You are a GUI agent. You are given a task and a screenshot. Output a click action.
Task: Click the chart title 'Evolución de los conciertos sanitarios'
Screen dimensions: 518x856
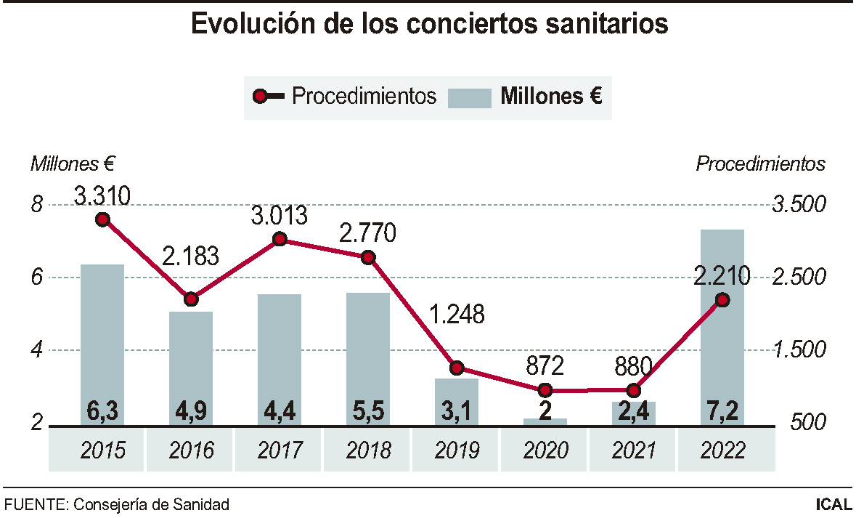428,23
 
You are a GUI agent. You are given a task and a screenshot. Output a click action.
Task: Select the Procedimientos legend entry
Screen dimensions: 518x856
345,96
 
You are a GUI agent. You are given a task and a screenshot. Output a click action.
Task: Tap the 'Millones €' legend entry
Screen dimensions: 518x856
525,97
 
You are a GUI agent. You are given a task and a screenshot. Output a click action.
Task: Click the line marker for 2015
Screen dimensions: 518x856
102,219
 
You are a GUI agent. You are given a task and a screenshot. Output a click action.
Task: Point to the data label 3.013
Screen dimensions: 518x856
279,216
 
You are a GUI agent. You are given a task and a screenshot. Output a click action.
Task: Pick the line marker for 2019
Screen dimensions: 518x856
457,368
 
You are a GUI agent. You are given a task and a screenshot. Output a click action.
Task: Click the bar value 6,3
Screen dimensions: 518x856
102,412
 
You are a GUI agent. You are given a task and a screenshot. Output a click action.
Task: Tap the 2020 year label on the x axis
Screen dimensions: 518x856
545,450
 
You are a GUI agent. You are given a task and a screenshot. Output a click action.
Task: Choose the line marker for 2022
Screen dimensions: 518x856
722,299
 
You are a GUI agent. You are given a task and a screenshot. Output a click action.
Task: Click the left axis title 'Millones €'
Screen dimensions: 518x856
73,163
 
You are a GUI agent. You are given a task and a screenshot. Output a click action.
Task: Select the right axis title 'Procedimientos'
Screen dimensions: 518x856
760,163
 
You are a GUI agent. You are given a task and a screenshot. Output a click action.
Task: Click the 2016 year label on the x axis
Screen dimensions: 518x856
191,450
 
